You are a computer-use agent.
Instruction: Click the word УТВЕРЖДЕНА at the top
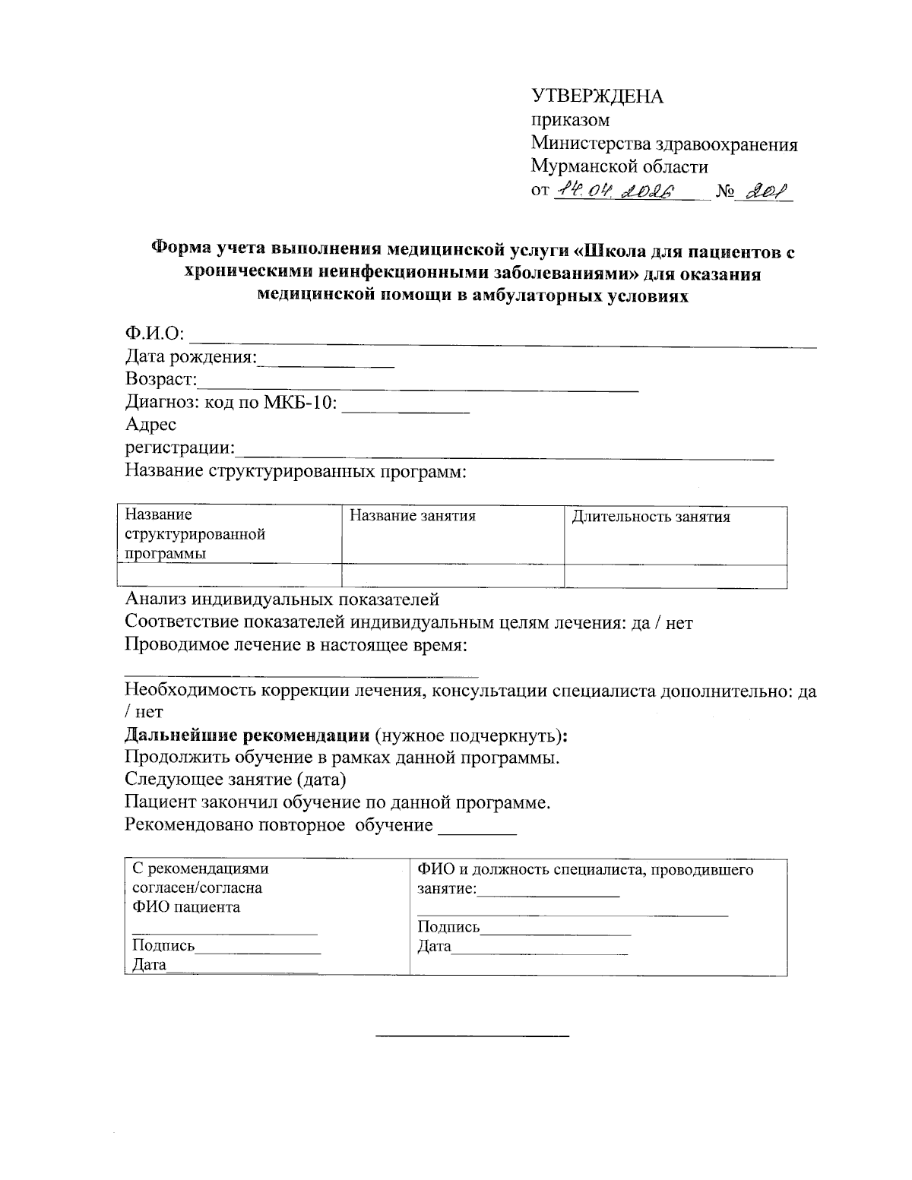(597, 96)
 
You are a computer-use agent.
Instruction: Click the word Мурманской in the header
(582, 166)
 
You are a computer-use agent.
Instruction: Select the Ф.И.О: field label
(155, 334)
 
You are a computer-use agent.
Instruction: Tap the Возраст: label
(161, 379)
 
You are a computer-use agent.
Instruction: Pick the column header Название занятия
(412, 517)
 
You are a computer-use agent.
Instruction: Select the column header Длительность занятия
(651, 517)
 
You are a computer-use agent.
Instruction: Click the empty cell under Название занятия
(453, 576)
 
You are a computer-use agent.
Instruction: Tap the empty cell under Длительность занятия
(675, 576)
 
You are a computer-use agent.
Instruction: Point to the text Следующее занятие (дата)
(236, 780)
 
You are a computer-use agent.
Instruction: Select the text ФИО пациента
(186, 907)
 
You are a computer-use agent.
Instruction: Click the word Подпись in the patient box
(163, 946)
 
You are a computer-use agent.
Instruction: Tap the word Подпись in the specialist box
(448, 927)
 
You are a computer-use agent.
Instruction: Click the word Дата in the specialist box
(434, 947)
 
